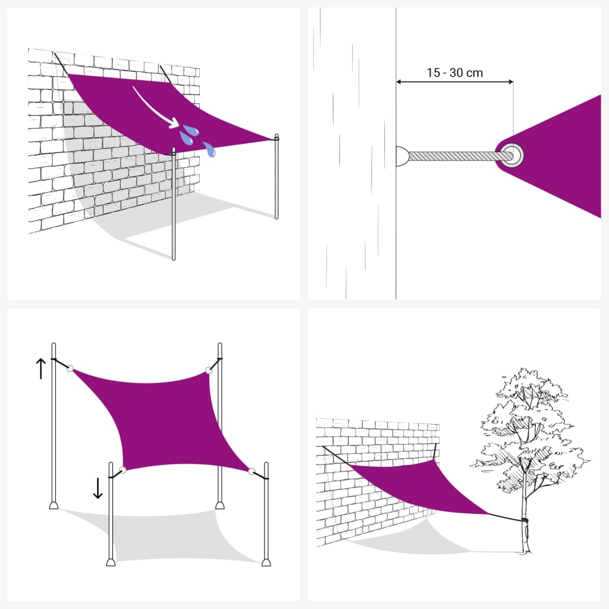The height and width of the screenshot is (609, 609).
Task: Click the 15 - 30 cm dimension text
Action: (454, 73)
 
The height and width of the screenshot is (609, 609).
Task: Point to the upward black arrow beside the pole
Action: (40, 369)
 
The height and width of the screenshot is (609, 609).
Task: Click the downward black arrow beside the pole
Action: (98, 488)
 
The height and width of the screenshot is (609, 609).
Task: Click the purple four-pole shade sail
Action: (167, 416)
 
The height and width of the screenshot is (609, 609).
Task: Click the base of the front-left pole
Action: (111, 561)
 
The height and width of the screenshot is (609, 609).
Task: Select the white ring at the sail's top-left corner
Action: (70, 368)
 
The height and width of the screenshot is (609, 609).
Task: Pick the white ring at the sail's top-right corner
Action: (209, 371)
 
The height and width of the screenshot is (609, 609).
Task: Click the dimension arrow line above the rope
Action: (454, 82)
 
